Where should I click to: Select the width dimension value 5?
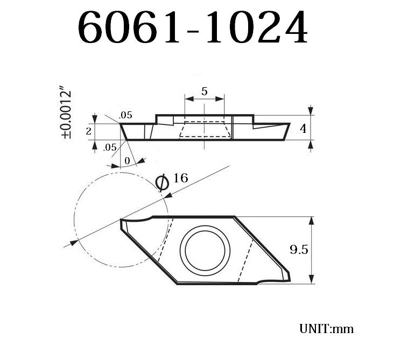205,91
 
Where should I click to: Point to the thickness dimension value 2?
89,131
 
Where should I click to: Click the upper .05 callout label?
125,115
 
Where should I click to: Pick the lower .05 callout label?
110,147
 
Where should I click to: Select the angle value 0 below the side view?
127,160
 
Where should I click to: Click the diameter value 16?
181,178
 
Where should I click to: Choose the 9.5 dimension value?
299,250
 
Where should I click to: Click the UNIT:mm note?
326,328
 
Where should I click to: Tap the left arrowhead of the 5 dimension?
188,98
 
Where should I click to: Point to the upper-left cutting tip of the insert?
122,220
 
